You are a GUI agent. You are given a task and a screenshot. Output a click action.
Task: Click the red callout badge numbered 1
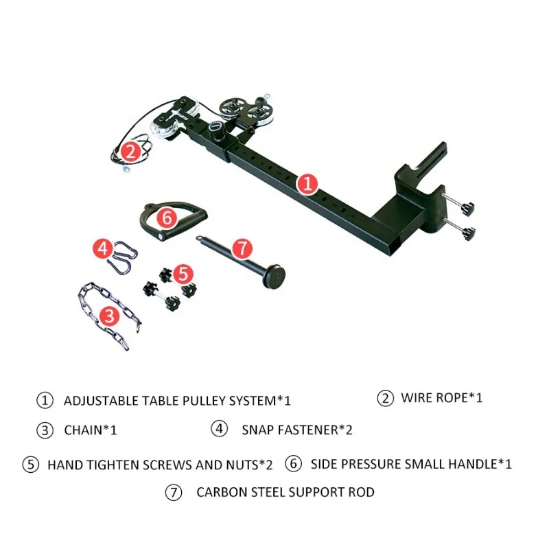tap(308, 183)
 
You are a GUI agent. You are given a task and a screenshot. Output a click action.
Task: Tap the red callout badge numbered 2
tap(131, 150)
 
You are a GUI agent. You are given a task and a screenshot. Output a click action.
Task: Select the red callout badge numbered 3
tap(109, 315)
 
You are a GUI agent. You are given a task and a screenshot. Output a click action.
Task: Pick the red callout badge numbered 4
tap(103, 248)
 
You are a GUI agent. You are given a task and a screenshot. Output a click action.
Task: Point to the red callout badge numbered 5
tap(181, 274)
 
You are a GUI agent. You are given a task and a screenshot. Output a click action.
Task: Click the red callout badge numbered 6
tap(167, 219)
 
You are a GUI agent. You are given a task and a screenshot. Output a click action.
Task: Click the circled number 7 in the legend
tap(174, 492)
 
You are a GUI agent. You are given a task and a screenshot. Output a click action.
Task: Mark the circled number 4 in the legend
tap(218, 430)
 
